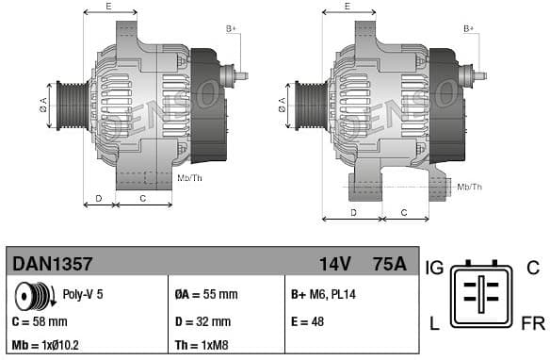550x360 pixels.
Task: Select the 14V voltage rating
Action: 335,264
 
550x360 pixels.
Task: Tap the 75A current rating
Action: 389,264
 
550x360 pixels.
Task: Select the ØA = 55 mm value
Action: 206,294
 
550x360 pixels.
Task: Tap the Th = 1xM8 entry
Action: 202,346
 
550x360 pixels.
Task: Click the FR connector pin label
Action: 532,324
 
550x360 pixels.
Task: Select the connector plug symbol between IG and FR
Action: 482,295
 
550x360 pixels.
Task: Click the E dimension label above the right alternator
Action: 347,7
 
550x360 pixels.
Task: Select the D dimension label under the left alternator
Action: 99,199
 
